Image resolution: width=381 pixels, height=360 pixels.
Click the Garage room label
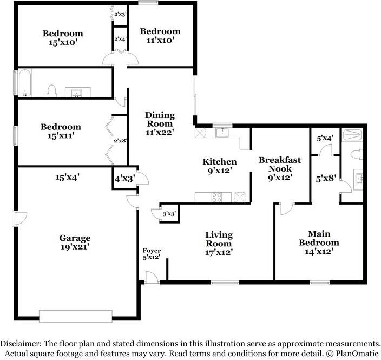point(75,238)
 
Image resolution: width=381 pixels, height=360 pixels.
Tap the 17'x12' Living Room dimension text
point(219,252)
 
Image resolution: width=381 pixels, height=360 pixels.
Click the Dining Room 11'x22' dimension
point(160,131)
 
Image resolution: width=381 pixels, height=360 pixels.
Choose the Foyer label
point(152,250)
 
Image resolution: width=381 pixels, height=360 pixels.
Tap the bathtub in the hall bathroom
point(25,83)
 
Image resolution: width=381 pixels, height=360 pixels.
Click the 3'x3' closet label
point(169,214)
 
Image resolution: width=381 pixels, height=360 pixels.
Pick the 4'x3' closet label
point(124,177)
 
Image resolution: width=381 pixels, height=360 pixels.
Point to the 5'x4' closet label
point(324,138)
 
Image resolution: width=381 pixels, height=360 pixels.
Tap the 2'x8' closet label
point(120,141)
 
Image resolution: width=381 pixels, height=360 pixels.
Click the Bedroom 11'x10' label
point(160,36)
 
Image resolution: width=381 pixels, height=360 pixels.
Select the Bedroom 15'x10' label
point(63,38)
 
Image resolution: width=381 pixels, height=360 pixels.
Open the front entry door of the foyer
point(152,278)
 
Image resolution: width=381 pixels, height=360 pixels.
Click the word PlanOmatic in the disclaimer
point(354,353)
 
